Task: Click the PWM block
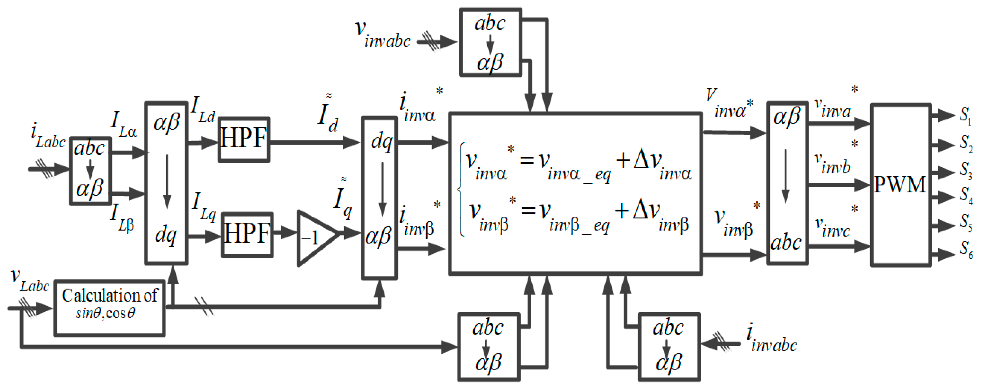(900, 185)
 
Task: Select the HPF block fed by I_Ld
(244, 140)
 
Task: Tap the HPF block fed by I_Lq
(247, 235)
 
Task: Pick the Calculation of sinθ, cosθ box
(109, 308)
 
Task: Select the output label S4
(966, 195)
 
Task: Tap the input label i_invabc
(771, 338)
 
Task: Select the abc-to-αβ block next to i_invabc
(669, 347)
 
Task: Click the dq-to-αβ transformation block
(379, 198)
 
